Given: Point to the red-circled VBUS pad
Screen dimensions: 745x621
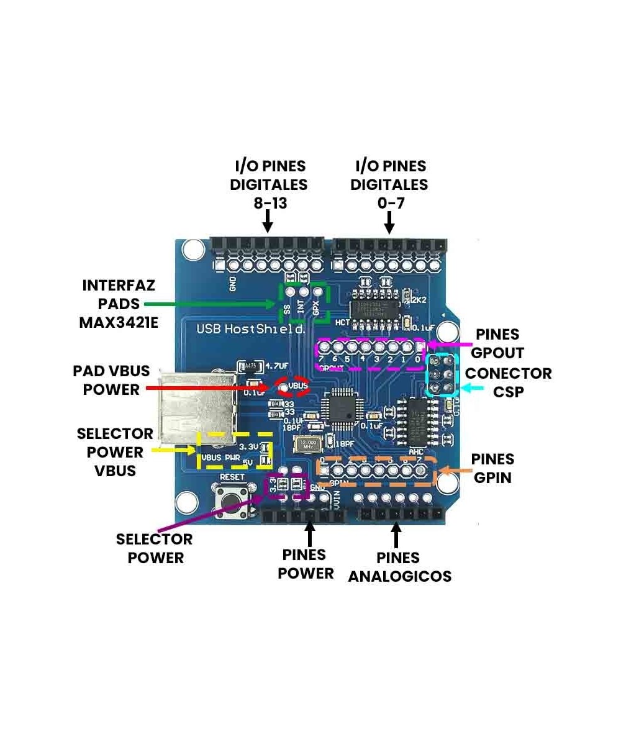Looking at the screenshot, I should point(292,387).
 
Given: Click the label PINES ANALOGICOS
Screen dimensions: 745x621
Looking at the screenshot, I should point(399,567).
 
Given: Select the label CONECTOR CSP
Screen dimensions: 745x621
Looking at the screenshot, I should point(508,382).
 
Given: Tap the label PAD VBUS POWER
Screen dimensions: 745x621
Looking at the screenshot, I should point(111,380).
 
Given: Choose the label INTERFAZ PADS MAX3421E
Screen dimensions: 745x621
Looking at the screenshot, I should point(118,304).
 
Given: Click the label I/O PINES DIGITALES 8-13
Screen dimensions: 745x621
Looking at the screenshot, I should point(269,184).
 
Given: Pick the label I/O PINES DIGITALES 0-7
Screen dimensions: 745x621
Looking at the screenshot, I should point(389,184).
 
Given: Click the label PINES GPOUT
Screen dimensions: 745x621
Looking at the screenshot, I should point(497,343).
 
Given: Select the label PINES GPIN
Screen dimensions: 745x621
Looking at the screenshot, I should point(492,468).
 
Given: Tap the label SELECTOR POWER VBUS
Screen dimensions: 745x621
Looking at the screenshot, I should point(115,452).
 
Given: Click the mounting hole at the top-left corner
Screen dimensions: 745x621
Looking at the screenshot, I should point(192,250).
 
